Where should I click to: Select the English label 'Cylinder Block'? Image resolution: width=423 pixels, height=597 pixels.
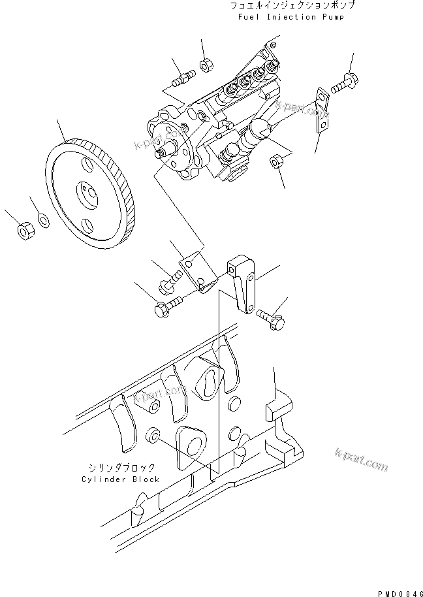click(x=121, y=479)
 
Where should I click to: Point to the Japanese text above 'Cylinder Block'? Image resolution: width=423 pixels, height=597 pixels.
click(x=122, y=468)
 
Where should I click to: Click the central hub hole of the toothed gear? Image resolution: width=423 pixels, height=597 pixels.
click(x=86, y=194)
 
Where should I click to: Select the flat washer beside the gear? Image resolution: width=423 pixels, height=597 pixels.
click(x=42, y=219)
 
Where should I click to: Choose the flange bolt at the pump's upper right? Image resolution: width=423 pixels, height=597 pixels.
click(x=343, y=84)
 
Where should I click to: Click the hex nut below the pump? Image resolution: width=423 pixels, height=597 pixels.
click(x=276, y=160)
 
